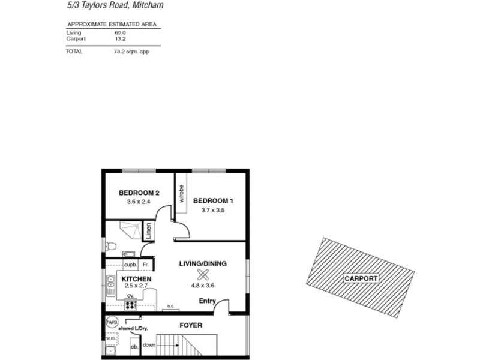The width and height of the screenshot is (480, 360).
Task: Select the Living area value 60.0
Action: click(x=120, y=32)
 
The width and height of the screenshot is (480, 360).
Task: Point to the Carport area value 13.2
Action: click(x=120, y=38)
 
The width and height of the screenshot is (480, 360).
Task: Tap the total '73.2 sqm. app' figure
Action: click(x=131, y=52)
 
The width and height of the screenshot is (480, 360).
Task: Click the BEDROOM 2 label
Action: click(x=139, y=193)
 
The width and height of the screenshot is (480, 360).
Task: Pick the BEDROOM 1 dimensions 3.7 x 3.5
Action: click(x=213, y=210)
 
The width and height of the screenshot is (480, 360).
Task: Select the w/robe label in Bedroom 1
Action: click(x=181, y=193)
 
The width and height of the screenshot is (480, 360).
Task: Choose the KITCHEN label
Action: click(x=137, y=280)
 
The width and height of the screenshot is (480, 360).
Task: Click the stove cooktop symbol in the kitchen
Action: click(x=131, y=305)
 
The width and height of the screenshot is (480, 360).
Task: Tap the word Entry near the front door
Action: click(x=207, y=301)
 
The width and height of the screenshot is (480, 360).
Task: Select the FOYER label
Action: click(x=191, y=326)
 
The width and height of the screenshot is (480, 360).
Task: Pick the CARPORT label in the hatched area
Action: click(x=361, y=279)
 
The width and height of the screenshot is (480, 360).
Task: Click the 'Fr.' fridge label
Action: click(x=145, y=265)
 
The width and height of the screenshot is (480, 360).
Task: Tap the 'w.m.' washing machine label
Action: click(x=110, y=338)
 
